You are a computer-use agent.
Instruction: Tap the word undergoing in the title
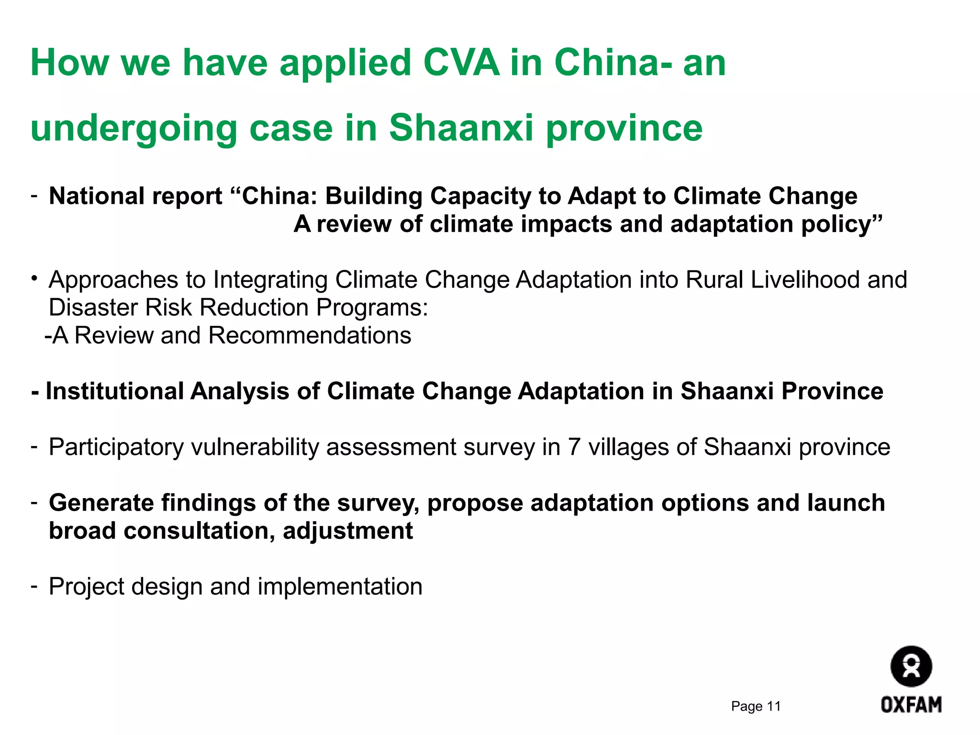(134, 129)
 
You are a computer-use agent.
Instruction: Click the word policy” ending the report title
(842, 224)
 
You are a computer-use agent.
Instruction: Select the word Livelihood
(805, 280)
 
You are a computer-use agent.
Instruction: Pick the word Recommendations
(310, 335)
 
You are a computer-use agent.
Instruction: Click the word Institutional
(115, 391)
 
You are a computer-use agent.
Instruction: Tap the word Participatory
(116, 447)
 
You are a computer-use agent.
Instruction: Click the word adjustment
(348, 531)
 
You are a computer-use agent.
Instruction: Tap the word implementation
(340, 587)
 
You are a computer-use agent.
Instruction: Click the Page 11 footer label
(756, 706)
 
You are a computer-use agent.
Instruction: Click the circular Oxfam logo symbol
(911, 667)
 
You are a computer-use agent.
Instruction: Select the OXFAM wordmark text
(911, 705)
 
